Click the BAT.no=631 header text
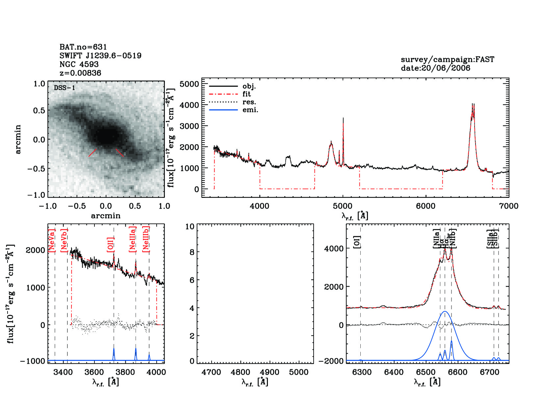83,47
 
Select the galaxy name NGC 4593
79,64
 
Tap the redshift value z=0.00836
80,73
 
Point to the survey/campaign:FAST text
447,59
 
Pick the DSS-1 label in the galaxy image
65,88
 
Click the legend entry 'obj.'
249,86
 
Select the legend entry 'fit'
246,94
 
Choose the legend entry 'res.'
249,102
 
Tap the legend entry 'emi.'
250,110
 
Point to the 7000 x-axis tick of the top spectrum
508,206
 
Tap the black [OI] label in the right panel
357,242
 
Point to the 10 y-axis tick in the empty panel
190,226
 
